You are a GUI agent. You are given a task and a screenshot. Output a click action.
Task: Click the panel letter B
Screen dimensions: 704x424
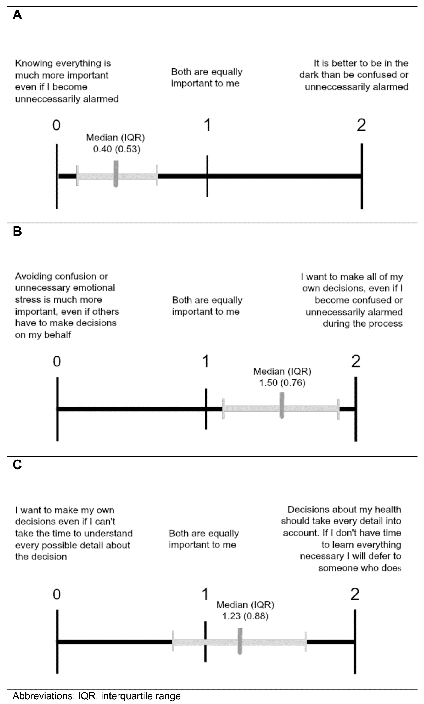(x=17, y=231)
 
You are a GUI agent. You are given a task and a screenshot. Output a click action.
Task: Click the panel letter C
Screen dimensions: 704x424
(x=17, y=465)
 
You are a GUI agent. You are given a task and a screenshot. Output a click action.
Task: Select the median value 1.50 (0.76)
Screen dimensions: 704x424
(x=282, y=383)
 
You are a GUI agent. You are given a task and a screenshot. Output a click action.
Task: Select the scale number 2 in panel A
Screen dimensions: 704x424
(x=361, y=125)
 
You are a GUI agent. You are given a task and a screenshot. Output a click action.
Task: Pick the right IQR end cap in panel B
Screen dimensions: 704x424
(x=339, y=409)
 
